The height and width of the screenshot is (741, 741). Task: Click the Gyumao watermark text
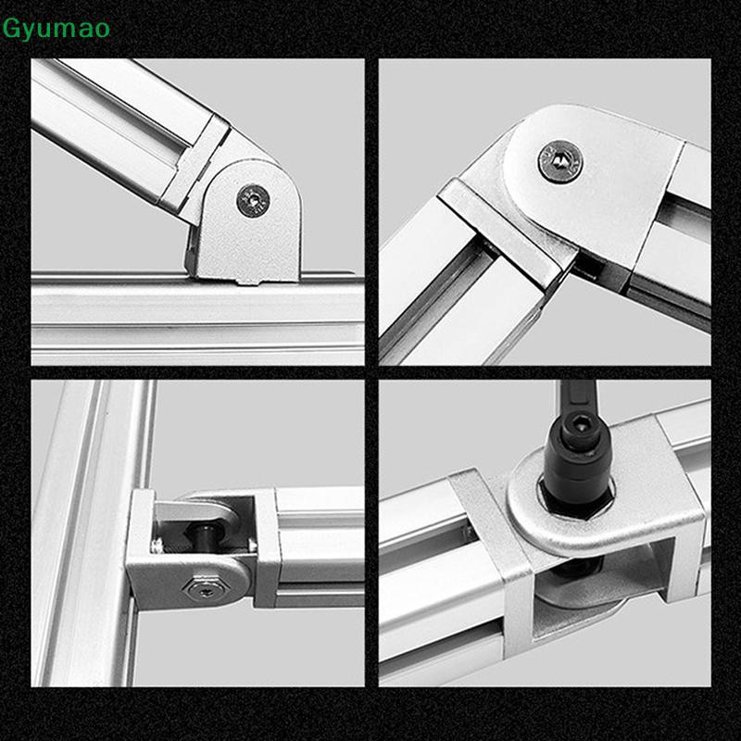pyautogui.click(x=57, y=29)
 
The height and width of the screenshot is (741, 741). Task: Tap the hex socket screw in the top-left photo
pyautogui.click(x=253, y=199)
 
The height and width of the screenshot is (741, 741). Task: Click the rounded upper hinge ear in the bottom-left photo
pyautogui.click(x=199, y=505)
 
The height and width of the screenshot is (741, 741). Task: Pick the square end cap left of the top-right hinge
pyautogui.click(x=500, y=227)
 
